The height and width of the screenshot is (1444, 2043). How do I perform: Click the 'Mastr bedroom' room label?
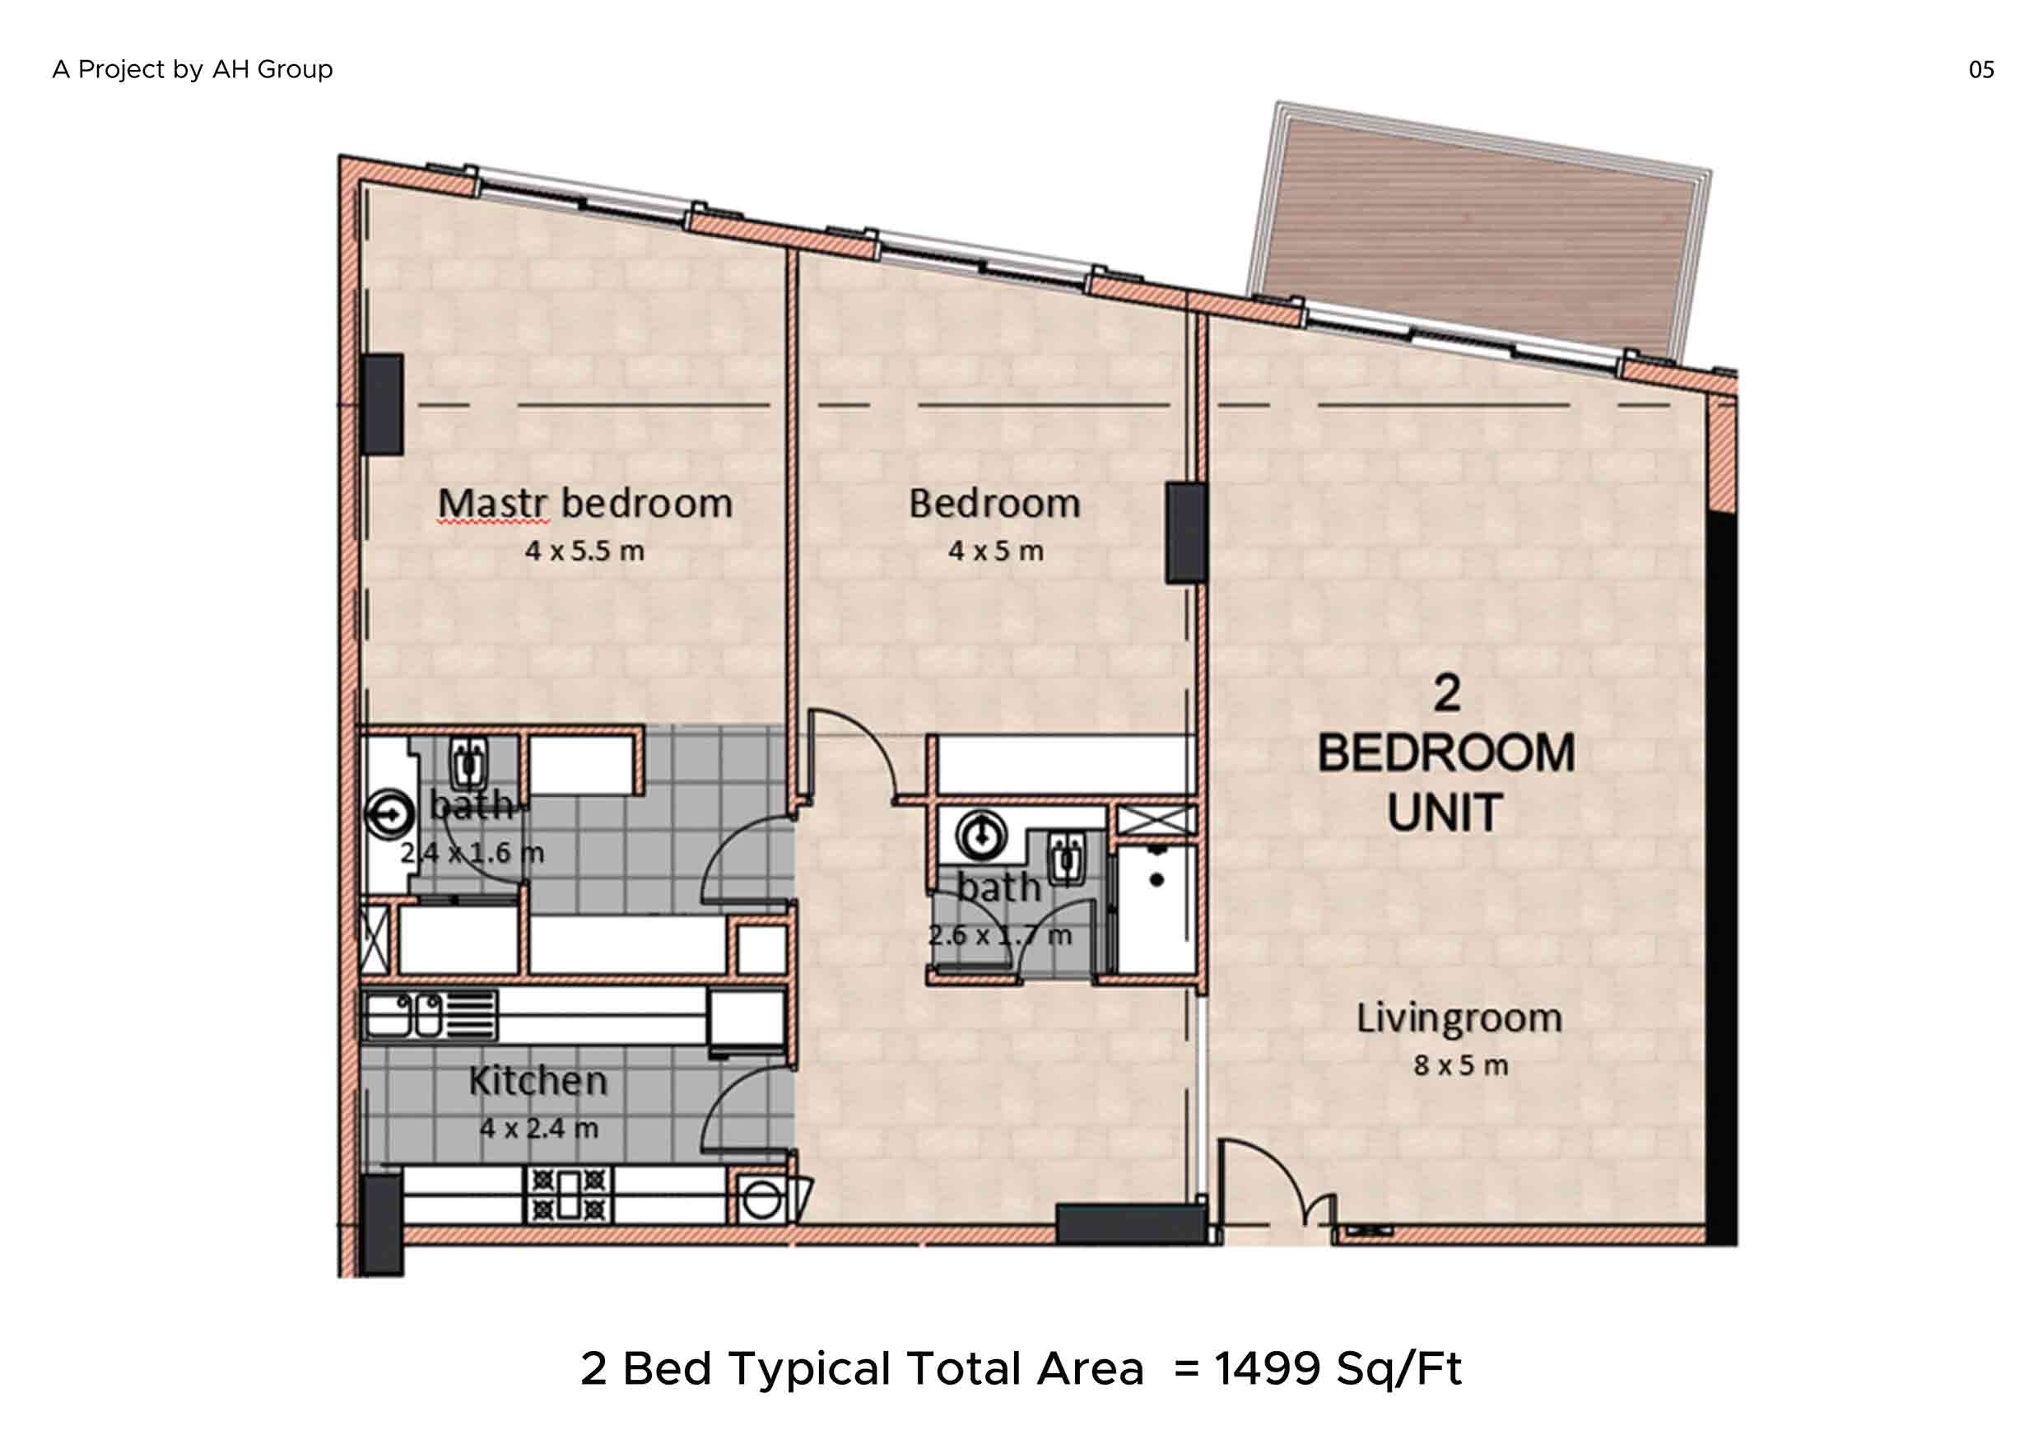click(585, 504)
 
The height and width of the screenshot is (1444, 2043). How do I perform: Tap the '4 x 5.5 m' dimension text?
click(584, 551)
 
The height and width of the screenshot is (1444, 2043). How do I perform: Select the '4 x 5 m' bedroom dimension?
click(996, 551)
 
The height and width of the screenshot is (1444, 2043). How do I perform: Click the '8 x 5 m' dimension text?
click(1461, 1065)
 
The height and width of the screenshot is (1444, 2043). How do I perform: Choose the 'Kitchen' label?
click(538, 1081)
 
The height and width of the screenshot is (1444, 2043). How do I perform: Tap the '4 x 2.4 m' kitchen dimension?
click(539, 1128)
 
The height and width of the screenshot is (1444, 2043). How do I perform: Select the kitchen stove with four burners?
click(569, 1195)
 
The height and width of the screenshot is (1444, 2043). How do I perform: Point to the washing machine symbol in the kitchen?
click(762, 1199)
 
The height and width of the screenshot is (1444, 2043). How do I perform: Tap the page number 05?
click(1981, 69)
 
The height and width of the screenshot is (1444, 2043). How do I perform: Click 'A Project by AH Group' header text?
click(192, 69)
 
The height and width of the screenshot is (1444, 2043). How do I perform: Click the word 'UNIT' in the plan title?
click(1445, 813)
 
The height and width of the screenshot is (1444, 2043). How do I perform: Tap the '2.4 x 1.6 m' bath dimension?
click(472, 852)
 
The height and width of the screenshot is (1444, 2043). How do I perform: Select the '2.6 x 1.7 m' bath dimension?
click(999, 935)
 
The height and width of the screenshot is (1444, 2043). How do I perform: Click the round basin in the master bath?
click(389, 813)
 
